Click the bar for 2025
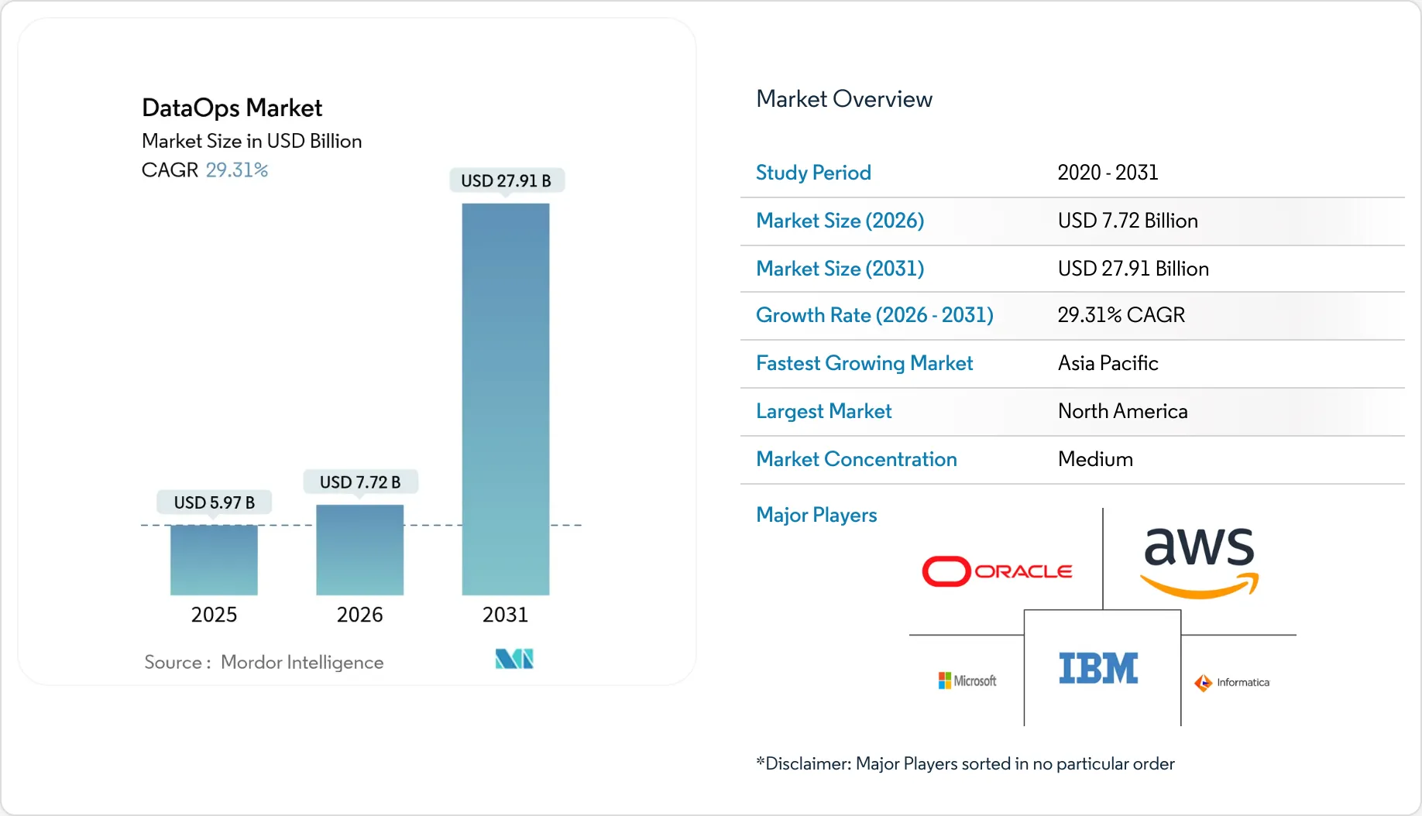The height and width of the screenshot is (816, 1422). pos(214,560)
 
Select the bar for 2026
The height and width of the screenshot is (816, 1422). pos(359,550)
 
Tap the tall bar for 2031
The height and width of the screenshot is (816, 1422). pos(505,399)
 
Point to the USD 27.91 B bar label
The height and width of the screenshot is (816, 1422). pos(506,180)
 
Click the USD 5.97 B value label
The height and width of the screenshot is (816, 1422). pos(215,502)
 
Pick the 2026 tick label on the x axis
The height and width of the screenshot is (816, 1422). pos(359,615)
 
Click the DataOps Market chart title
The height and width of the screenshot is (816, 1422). pos(232,108)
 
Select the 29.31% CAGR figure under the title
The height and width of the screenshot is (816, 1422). pos(236,170)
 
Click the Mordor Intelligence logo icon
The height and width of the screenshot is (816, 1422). pos(514,659)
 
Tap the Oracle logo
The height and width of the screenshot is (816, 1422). pos(997,571)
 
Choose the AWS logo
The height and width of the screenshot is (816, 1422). pos(1199,562)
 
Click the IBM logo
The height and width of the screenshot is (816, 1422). pos(1098,668)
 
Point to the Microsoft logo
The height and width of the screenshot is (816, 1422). pos(967,681)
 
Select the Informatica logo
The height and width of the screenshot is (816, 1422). pos(1231,682)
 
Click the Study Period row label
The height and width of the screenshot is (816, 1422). pos(813,173)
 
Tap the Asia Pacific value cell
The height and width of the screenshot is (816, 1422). pos(1108,363)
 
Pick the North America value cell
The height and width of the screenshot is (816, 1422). pos(1122,411)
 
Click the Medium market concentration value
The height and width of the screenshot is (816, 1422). pos(1095,459)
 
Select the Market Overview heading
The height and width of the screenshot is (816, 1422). pos(843,99)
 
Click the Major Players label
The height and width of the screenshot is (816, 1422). pos(816,515)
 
